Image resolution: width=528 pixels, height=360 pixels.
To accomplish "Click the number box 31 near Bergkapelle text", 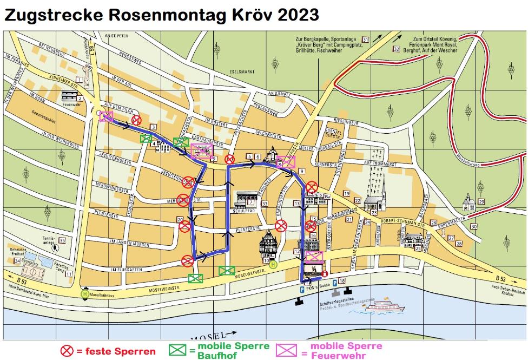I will (x=366, y=40).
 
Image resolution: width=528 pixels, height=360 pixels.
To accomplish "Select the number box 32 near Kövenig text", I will (x=397, y=49).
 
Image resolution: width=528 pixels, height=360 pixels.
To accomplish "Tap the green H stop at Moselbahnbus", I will (x=84, y=294).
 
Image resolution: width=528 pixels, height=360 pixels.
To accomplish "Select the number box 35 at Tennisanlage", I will (x=63, y=240).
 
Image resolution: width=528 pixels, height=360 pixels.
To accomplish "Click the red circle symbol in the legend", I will (x=67, y=351).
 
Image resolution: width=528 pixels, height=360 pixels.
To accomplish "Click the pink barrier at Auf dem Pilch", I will (x=106, y=117).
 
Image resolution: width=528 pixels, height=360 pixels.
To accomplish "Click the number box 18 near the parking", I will (x=341, y=281).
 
